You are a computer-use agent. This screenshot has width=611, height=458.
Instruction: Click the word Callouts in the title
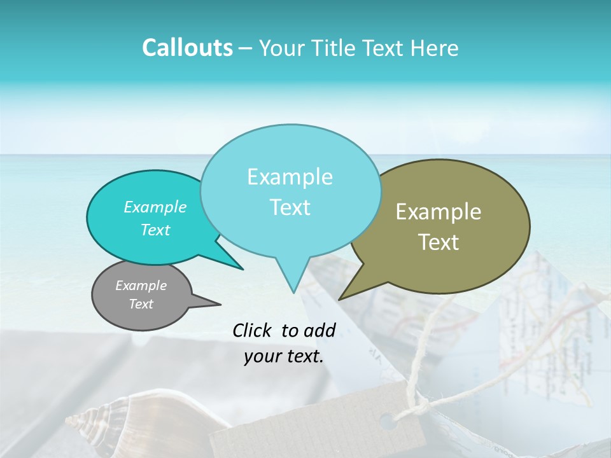187,48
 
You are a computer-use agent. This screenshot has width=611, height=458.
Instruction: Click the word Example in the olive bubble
439,212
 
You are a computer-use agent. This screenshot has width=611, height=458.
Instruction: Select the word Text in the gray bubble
141,304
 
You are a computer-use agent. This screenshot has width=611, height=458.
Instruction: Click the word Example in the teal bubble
155,207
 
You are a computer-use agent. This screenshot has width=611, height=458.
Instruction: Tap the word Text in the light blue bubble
290,207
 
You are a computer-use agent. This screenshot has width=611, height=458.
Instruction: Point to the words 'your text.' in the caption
284,356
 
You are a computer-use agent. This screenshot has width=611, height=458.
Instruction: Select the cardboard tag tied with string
318,426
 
